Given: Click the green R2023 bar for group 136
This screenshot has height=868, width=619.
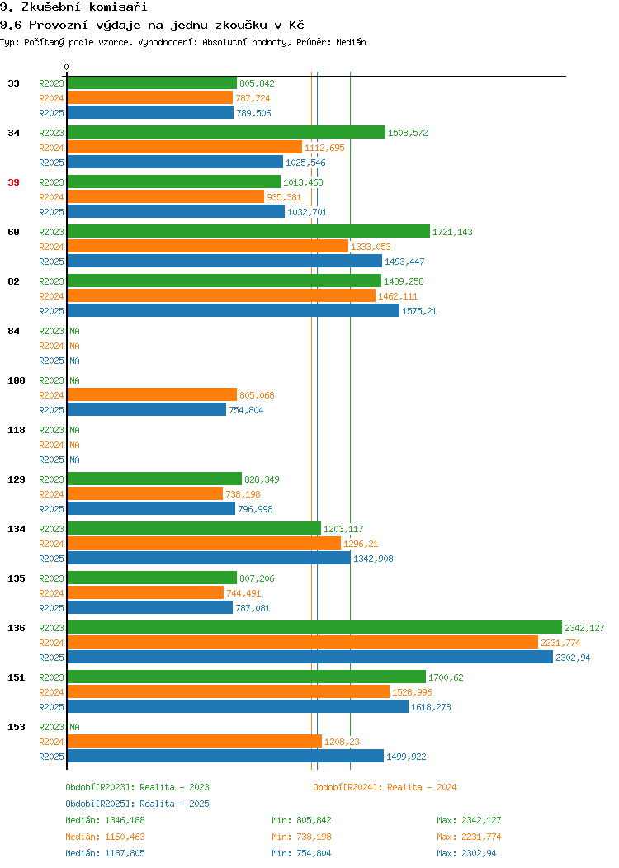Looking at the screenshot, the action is click(314, 627).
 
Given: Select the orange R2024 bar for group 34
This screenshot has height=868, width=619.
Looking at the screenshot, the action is click(185, 147).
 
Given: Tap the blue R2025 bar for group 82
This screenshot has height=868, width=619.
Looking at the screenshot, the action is click(233, 310).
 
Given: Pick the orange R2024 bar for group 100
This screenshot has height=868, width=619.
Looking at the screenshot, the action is click(152, 394).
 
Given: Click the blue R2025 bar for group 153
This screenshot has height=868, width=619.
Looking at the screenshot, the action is click(225, 756).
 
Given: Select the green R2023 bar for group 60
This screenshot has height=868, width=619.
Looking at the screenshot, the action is click(248, 231).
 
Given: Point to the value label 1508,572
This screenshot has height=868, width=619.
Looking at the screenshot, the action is click(408, 133).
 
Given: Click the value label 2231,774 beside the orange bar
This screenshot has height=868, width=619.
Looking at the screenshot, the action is click(561, 643).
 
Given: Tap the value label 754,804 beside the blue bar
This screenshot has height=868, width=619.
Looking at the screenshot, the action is click(247, 410).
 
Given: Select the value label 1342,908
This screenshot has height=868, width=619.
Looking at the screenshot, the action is click(374, 559).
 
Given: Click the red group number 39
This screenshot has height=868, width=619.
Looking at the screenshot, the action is click(14, 182).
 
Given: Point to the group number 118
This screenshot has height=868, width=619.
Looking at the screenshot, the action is click(17, 430).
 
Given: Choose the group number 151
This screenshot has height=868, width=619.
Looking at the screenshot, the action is click(17, 677).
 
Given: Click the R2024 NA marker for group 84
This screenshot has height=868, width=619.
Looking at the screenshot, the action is click(75, 346).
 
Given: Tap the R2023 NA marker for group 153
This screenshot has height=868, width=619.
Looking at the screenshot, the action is click(75, 727).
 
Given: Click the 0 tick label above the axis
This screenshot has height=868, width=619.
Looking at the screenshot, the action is click(67, 67).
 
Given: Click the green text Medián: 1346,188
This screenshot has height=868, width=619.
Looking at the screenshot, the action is click(105, 820).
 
